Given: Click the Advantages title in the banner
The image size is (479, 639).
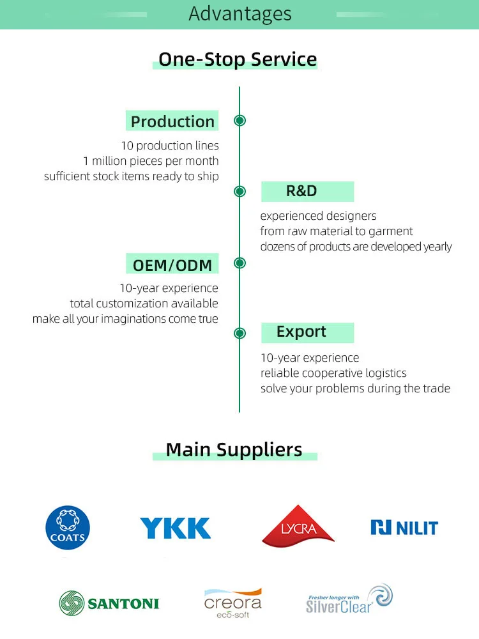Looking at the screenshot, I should tap(240, 13).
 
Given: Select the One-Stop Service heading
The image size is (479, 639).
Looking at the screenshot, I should tap(238, 59).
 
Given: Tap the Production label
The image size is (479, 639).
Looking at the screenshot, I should tap(172, 121).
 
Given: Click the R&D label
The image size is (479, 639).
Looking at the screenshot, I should tap(301, 191).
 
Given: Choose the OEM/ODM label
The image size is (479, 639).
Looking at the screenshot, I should tap(172, 264).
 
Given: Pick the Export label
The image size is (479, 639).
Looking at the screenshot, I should tap(301, 332).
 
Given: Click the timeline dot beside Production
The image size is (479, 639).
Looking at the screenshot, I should tap(240, 120).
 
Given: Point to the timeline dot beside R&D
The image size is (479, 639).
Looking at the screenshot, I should tap(240, 191).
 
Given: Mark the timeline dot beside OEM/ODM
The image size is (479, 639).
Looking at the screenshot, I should tap(240, 263).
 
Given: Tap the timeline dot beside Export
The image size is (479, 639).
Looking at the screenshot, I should tap(240, 333).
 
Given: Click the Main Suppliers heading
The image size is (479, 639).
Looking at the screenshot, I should tap(234, 450).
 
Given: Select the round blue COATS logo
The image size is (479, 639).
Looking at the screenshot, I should tap(68, 528).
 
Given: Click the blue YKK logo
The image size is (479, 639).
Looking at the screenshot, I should tap(175, 528).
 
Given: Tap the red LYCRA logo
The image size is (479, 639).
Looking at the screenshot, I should tap(298, 525).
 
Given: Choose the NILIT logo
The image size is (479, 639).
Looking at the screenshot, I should tap(404, 528).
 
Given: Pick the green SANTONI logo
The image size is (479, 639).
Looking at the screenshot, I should tap(109, 603).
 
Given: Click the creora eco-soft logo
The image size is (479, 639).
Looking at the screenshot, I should tap(233, 603).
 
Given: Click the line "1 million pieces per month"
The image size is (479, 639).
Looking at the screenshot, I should tap(151, 161).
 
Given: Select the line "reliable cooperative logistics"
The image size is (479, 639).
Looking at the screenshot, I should tap(333, 373).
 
